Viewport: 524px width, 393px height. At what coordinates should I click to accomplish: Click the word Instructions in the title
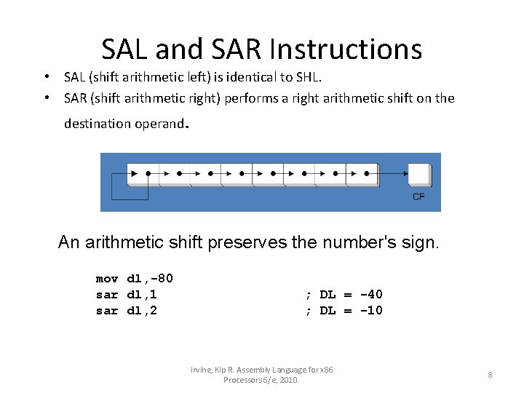(345, 49)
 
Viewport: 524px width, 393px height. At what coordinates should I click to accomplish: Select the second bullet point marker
(46, 98)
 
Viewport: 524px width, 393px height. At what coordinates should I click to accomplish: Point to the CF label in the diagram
(418, 197)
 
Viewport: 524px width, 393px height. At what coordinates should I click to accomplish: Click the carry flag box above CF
(419, 175)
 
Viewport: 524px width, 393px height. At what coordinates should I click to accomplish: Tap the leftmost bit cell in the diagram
(143, 174)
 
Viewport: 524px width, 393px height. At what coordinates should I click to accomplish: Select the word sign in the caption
(418, 242)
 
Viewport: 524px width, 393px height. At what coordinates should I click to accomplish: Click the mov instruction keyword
(107, 279)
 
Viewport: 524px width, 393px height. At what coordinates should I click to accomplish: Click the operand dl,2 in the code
(142, 311)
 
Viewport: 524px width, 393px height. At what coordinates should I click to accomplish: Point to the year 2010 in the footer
(288, 380)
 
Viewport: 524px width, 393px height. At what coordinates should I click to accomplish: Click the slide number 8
(490, 375)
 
